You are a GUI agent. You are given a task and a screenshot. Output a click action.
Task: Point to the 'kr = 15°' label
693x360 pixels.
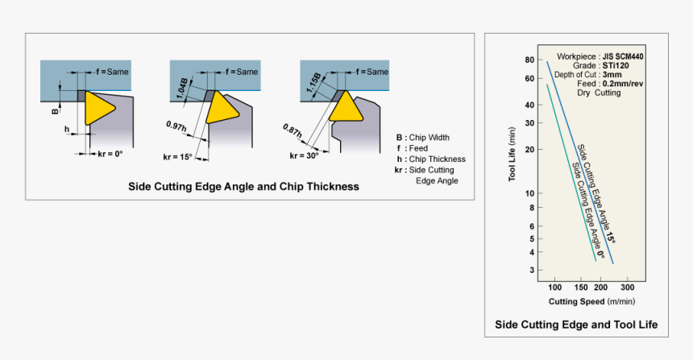pos(178,156)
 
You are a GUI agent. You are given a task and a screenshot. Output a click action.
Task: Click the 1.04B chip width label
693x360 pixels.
pos(183,85)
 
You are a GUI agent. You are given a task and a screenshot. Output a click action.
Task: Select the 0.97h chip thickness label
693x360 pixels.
pos(176,126)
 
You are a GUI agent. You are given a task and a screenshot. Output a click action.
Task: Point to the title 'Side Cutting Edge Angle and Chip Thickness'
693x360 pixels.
pos(243,186)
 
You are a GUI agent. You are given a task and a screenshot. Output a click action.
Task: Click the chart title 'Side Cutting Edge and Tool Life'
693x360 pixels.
pos(576,325)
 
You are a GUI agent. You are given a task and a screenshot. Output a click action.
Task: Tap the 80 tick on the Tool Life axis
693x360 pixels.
pos(529,60)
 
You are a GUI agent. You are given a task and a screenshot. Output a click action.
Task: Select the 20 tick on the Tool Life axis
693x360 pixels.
pos(529,149)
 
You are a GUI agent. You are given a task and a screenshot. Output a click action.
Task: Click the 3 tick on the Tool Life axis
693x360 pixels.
pos(532,270)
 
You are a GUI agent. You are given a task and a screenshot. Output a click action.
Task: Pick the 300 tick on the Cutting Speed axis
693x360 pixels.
pos(629,288)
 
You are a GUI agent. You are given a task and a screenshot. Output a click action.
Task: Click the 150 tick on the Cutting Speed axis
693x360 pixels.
pos(580,288)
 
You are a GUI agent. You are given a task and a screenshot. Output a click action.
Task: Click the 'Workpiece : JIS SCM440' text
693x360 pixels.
pos(600,56)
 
